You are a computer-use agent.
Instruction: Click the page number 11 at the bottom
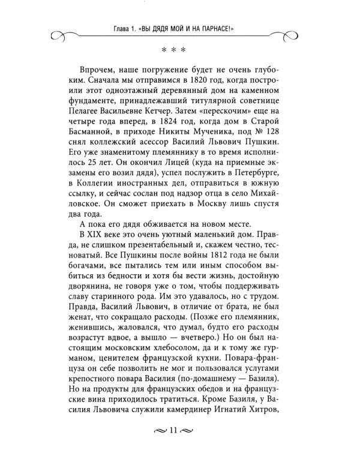tap(180, 430)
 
